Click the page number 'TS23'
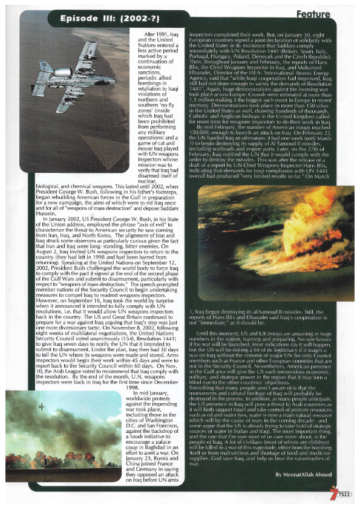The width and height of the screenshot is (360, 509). [345, 495]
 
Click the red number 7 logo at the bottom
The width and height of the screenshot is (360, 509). [334, 493]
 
